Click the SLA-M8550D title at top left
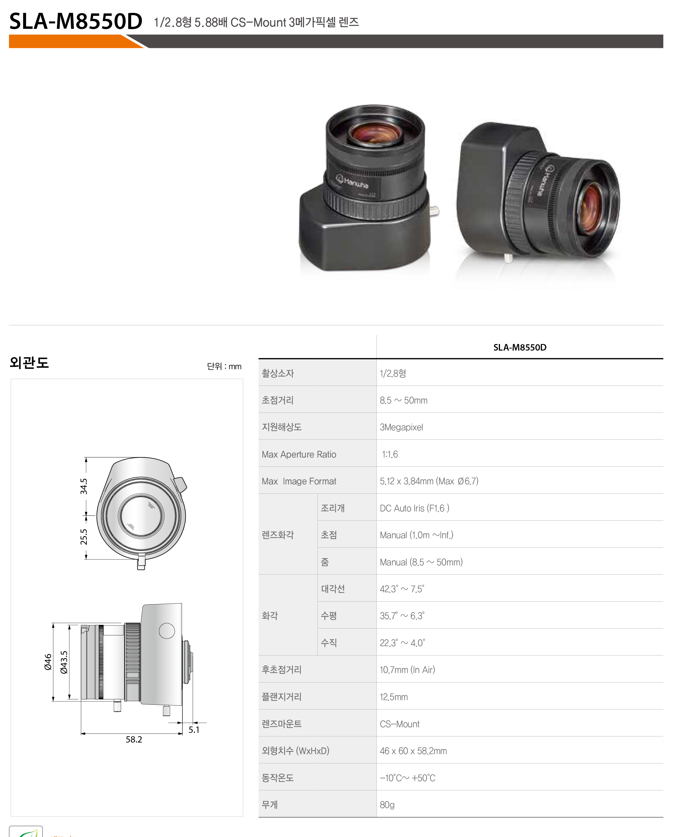coord(76,21)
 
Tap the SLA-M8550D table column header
coord(520,347)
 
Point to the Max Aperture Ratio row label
coord(299,454)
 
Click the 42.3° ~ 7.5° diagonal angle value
coord(402,589)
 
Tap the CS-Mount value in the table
coord(399,724)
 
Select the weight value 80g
coord(387,805)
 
